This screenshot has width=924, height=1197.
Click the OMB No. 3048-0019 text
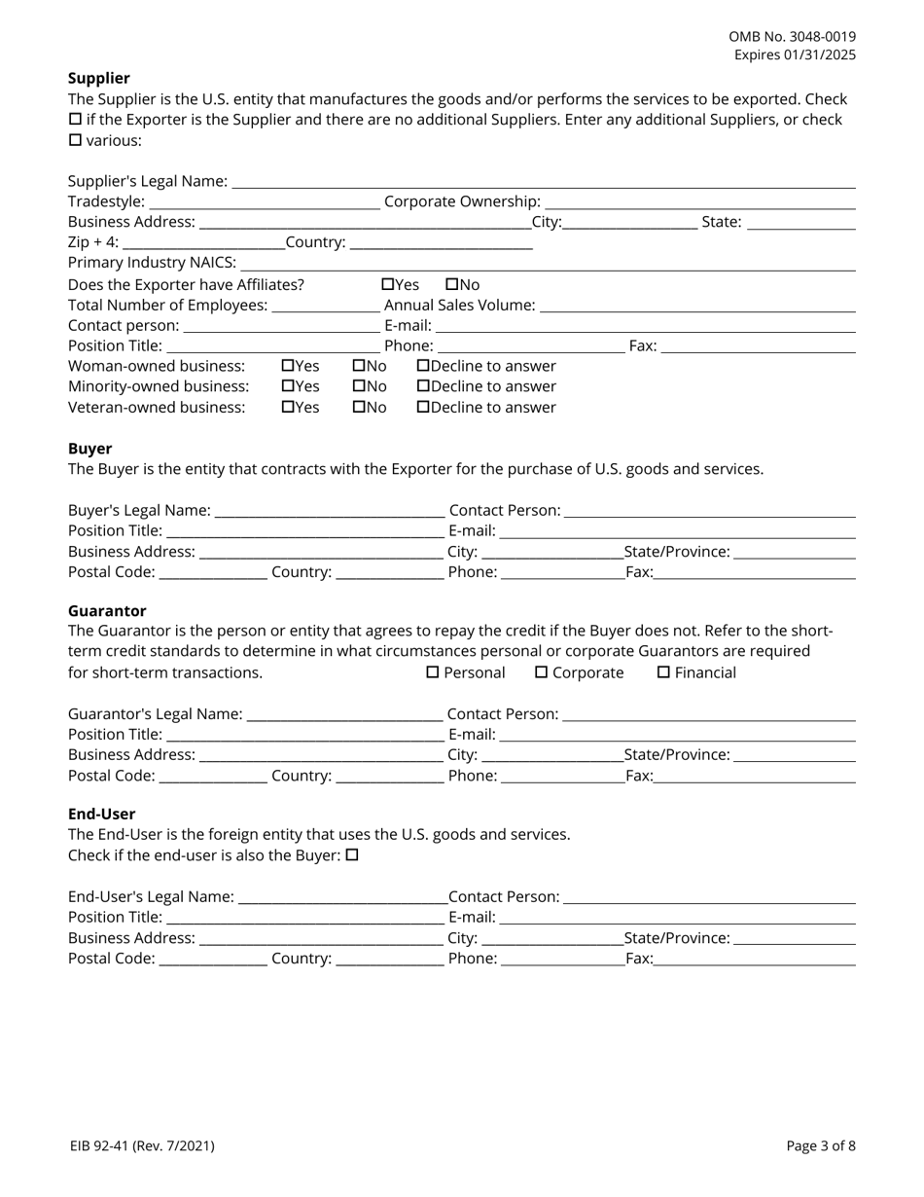click(792, 36)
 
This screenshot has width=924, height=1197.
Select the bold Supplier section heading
click(98, 78)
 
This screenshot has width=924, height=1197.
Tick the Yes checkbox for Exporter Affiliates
click(388, 284)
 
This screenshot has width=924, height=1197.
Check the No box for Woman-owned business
click(359, 366)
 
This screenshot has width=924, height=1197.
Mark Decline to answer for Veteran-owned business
click(423, 407)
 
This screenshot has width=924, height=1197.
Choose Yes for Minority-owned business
click(288, 386)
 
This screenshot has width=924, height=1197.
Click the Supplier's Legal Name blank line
click(543, 181)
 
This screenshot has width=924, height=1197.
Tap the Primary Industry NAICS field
click(547, 263)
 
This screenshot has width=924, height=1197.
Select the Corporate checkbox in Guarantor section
click(542, 672)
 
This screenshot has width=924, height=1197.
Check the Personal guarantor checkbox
click(433, 672)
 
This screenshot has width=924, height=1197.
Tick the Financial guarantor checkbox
click(664, 672)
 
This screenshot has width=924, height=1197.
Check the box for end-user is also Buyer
click(353, 855)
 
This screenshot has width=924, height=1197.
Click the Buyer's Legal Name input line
click(329, 511)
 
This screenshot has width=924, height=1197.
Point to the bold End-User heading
click(101, 814)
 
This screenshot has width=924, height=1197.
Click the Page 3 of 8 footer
click(821, 1145)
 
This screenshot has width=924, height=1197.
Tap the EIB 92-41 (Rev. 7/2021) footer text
click(142, 1145)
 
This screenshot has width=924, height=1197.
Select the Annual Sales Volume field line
click(696, 306)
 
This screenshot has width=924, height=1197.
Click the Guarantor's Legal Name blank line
click(344, 714)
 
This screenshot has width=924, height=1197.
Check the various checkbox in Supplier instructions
click(75, 140)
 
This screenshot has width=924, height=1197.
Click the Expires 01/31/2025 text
click(795, 54)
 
